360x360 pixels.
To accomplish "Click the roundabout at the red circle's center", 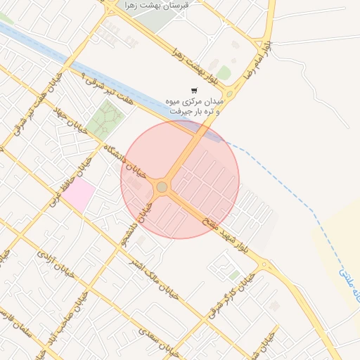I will click(162, 187).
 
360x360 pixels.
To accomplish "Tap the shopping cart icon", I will click(194, 91).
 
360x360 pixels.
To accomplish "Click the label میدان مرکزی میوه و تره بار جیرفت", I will click(194, 106).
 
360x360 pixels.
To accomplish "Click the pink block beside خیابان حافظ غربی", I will click(79, 195).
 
